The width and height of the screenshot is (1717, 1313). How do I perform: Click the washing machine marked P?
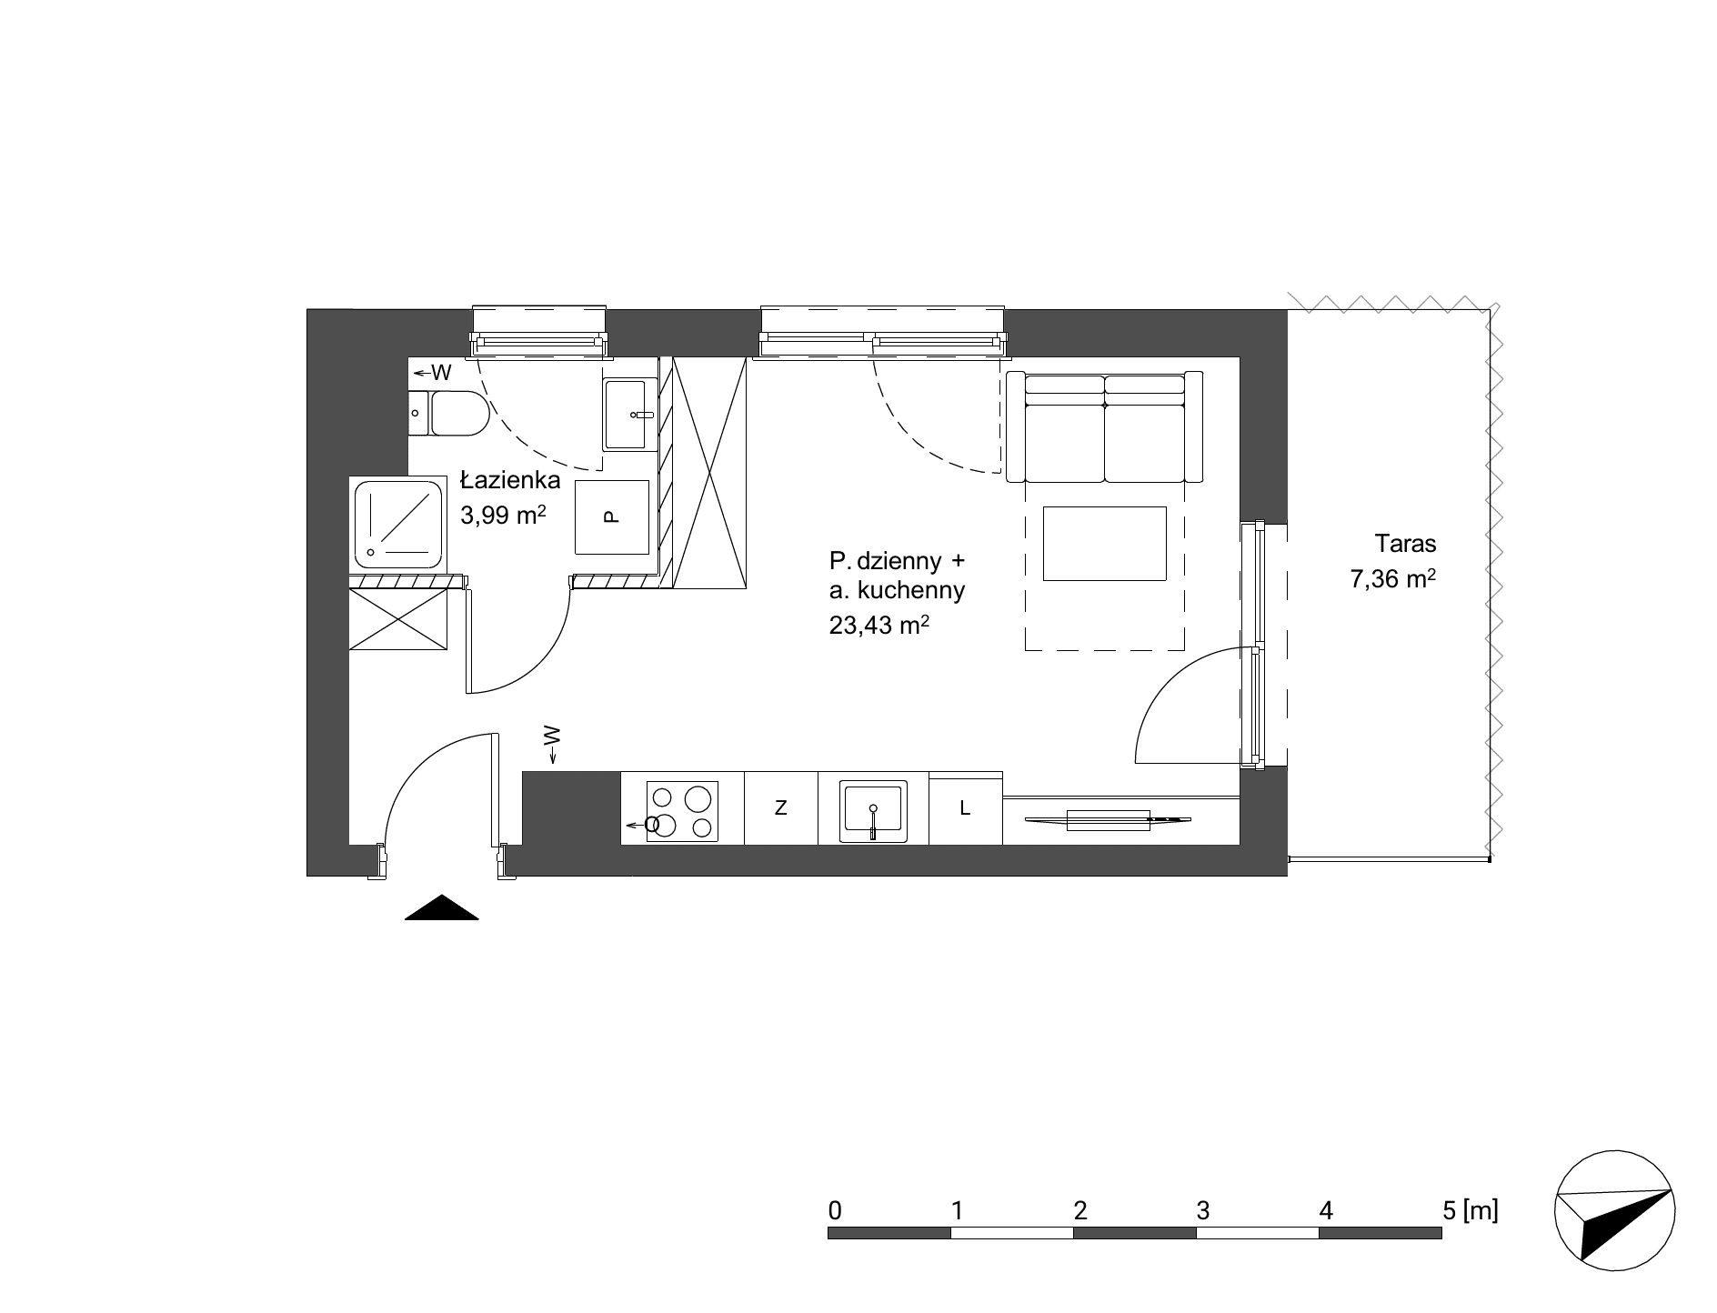click(612, 517)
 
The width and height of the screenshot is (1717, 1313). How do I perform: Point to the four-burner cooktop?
click(682, 811)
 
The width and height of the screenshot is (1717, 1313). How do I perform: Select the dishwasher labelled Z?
click(781, 807)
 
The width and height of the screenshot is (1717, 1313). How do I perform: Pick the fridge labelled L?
click(966, 807)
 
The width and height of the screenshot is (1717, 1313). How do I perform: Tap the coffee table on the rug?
click(1105, 544)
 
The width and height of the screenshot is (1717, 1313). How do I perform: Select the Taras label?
click(1405, 544)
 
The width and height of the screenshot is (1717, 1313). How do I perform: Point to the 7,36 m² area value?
click(1393, 579)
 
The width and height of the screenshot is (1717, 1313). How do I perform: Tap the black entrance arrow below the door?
click(441, 907)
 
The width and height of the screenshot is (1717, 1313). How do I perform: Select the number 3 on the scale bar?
click(1203, 1210)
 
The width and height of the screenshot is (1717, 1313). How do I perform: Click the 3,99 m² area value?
click(504, 516)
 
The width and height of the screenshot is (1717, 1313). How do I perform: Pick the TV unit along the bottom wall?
click(1108, 820)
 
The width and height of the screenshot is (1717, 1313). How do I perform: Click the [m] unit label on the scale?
click(1481, 1210)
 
